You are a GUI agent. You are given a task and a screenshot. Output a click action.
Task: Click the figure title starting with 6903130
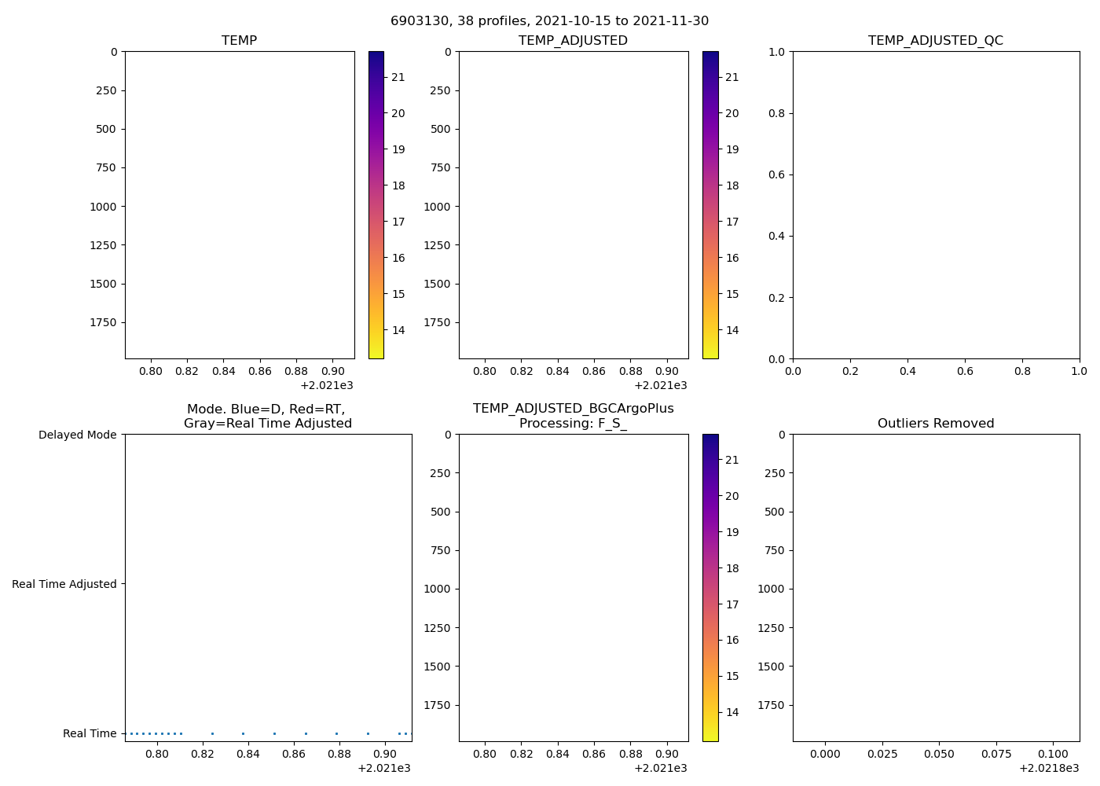pyautogui.click(x=549, y=20)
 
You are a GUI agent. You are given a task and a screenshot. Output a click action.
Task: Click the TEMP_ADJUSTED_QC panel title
pyautogui.click(x=935, y=40)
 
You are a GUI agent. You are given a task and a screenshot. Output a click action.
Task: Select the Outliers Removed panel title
pyautogui.click(x=935, y=423)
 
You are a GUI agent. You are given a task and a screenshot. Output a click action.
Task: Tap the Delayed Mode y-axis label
pyautogui.click(x=77, y=435)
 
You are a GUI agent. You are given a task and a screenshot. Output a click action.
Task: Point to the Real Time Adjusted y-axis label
pyautogui.click(x=64, y=584)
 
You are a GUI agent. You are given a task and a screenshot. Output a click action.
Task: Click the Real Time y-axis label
pyautogui.click(x=90, y=733)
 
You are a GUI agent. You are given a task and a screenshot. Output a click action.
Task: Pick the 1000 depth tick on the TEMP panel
pyautogui.click(x=103, y=207)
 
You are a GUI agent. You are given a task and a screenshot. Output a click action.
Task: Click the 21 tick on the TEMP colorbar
pyautogui.click(x=398, y=77)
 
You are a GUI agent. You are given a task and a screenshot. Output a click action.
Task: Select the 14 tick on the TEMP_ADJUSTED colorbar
pyautogui.click(x=731, y=330)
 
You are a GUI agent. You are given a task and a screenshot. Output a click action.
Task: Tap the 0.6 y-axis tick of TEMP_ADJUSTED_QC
pyautogui.click(x=775, y=174)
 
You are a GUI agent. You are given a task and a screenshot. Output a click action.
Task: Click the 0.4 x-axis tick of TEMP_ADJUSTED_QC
pyautogui.click(x=907, y=371)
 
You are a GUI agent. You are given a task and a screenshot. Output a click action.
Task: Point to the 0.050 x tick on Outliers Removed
pyautogui.click(x=939, y=754)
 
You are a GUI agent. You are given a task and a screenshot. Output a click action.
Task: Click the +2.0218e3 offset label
pyautogui.click(x=1049, y=768)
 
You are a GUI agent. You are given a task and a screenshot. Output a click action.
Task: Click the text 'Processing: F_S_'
pyautogui.click(x=573, y=423)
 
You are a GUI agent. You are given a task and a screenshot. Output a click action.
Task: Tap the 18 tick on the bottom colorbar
pyautogui.click(x=731, y=568)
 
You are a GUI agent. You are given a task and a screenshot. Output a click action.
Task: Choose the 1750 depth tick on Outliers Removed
pyautogui.click(x=771, y=705)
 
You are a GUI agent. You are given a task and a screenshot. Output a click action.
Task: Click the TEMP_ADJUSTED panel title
pyautogui.click(x=573, y=40)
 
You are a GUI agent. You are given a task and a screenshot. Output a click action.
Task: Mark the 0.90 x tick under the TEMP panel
pyautogui.click(x=332, y=371)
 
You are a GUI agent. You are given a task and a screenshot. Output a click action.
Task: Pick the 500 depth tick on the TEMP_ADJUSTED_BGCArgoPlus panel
pyautogui.click(x=442, y=512)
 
